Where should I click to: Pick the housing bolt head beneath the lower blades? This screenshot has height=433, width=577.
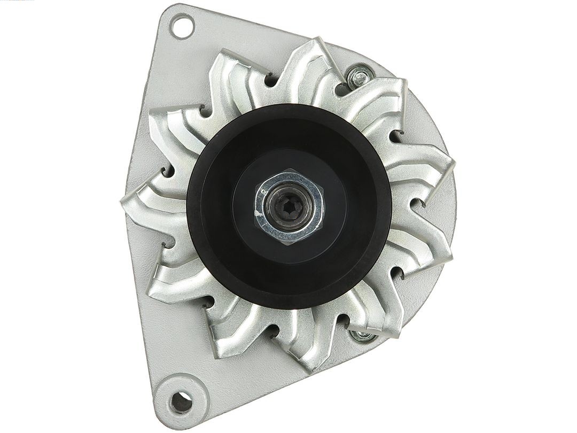pyautogui.click(x=361, y=336)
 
